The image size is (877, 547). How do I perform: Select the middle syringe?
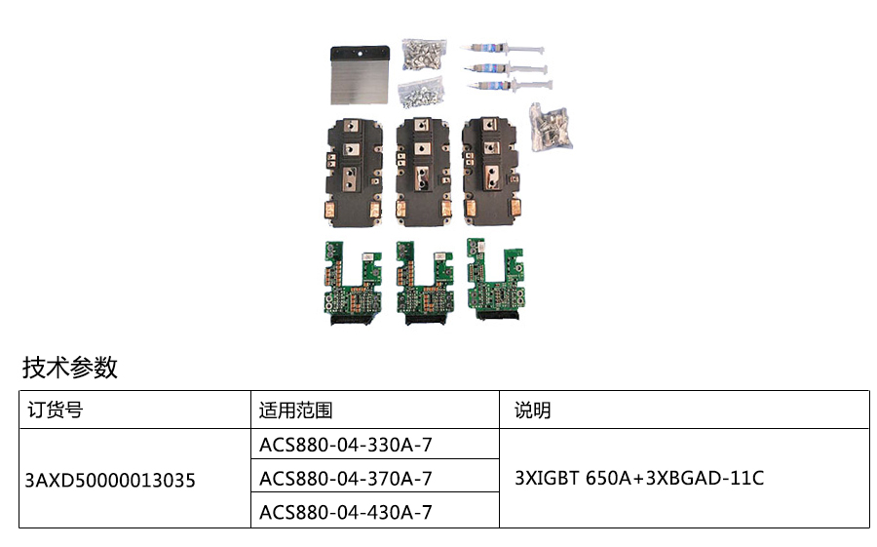505,68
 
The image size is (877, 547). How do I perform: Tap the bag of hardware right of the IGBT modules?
550,125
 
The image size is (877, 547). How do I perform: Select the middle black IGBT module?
422,169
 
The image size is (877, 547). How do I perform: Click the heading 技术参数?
70,368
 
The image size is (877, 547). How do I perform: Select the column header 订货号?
55,410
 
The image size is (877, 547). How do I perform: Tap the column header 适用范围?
296,410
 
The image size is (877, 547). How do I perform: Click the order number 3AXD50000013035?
110,480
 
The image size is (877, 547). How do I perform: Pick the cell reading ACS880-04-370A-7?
346,479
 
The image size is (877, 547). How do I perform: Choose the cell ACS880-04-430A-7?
346,512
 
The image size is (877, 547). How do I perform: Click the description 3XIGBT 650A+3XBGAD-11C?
638,479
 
